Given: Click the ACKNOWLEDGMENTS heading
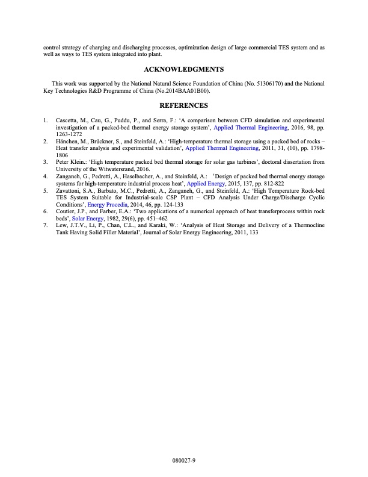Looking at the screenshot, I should point(184,69).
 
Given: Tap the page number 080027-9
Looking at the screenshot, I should point(184,460).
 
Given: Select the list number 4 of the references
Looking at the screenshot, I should point(45,176).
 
